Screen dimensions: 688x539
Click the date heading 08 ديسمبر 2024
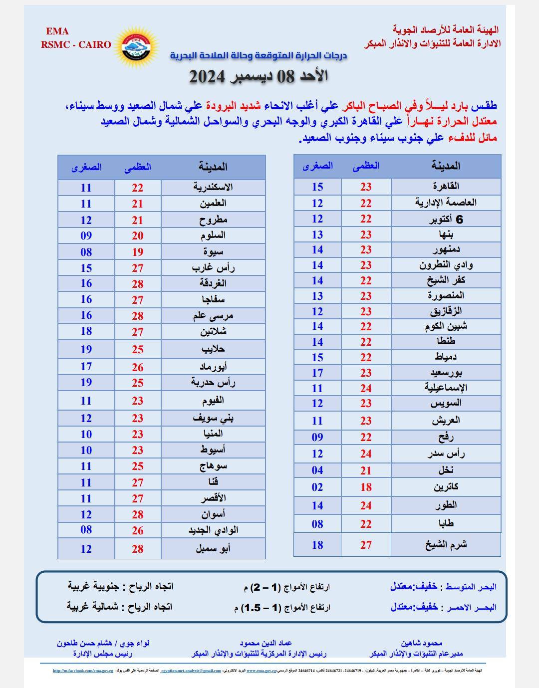[258, 76]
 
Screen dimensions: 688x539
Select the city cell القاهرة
[446, 187]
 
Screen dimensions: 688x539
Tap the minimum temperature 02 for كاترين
[317, 487]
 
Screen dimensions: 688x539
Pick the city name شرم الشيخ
[446, 544]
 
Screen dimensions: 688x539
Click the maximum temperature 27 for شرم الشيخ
[366, 545]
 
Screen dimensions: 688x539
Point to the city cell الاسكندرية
[213, 187]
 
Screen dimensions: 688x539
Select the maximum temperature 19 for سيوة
[137, 252]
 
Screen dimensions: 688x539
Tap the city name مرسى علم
[213, 316]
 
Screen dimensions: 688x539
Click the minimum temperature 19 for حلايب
[86, 349]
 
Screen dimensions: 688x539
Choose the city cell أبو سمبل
[213, 549]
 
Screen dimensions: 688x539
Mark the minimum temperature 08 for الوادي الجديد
[86, 530]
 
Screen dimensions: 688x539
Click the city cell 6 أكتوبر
[446, 219]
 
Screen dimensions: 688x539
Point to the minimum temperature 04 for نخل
[317, 470]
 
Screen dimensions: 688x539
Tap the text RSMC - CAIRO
[76, 44]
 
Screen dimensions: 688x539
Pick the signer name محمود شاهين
[421, 643]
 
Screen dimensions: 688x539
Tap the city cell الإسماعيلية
[446, 388]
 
